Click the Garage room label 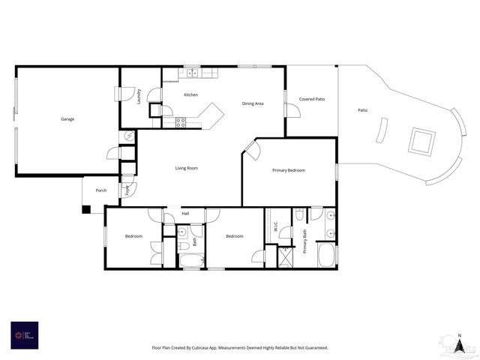pyautogui.click(x=67, y=118)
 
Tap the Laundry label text pyautogui.click(x=139, y=95)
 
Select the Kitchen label pyautogui.click(x=190, y=94)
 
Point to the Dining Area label pyautogui.click(x=252, y=103)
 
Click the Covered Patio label pyautogui.click(x=311, y=99)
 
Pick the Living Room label pyautogui.click(x=187, y=168)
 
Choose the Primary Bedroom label pyautogui.click(x=289, y=170)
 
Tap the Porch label pyautogui.click(x=100, y=190)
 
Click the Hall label pyautogui.click(x=185, y=213)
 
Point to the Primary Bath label pyautogui.click(x=305, y=240)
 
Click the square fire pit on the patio pyautogui.click(x=421, y=141)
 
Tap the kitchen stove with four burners pyautogui.click(x=180, y=121)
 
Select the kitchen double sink pyautogui.click(x=191, y=73)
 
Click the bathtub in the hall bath pyautogui.click(x=191, y=260)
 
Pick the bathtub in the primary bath pyautogui.click(x=327, y=255)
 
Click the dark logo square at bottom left pyautogui.click(x=24, y=334)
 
